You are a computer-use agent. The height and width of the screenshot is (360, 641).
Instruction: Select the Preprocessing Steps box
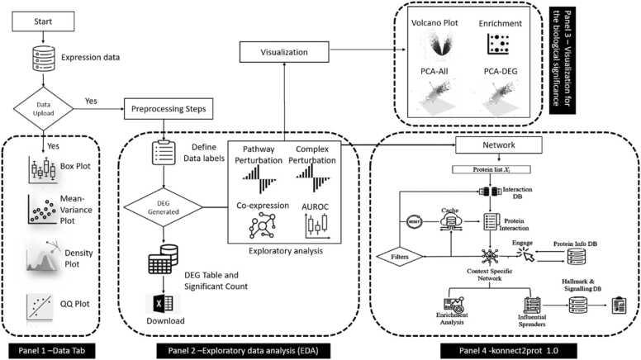point(165,107)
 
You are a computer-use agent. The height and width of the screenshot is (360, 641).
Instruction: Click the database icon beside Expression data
point(30,56)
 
